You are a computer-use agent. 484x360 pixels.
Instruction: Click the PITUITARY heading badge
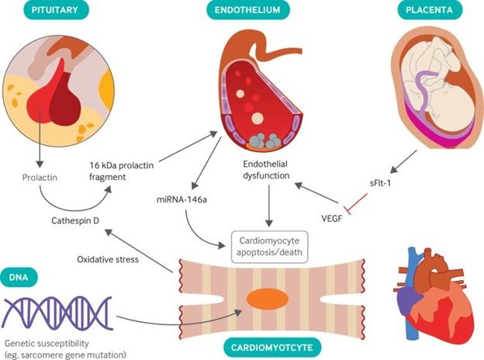point(56,10)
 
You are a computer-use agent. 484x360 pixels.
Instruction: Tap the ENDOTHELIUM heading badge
point(247,10)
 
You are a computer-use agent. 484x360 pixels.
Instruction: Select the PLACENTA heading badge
point(430,10)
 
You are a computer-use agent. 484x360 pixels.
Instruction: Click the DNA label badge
point(19,277)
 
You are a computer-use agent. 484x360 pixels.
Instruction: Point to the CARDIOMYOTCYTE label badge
point(272,348)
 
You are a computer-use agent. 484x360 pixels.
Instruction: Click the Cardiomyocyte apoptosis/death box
point(269,247)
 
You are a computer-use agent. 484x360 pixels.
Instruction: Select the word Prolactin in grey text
point(40,178)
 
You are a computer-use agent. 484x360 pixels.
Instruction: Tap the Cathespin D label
point(75,221)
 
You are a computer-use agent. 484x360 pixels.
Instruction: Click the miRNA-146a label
point(181,199)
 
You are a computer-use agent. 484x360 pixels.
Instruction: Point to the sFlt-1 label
point(380,183)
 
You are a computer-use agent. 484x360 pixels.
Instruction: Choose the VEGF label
point(332,219)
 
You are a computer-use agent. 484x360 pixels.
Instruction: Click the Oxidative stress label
point(108,259)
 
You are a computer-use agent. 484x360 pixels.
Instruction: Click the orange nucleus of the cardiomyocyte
point(268,299)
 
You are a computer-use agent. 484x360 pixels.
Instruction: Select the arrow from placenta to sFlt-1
point(404,162)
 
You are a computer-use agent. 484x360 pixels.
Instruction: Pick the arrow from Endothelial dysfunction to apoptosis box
point(269,206)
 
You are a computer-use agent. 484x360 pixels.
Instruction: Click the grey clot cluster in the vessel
point(264,140)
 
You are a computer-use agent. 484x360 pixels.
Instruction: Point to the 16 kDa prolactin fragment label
point(121,171)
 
